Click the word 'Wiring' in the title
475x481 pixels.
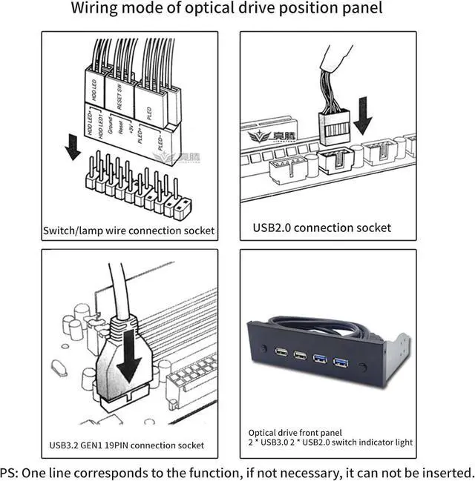(99, 10)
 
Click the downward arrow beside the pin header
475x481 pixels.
(72, 149)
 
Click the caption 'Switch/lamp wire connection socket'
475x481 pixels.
(128, 230)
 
